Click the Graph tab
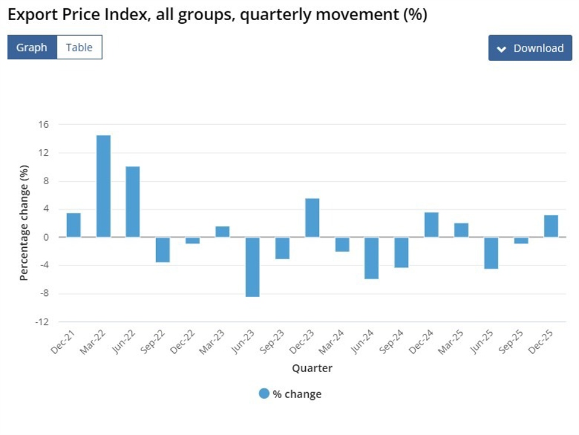[x=32, y=48]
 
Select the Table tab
[x=79, y=48]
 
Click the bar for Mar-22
[x=103, y=186]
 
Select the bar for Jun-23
[x=252, y=267]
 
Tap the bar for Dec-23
[x=312, y=218]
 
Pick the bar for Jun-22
[x=133, y=201]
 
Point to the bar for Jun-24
[x=372, y=258]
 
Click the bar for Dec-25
[x=550, y=226]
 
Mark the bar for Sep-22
[x=163, y=250]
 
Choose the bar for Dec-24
[x=431, y=225]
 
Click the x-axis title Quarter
[x=312, y=368]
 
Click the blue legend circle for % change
[x=264, y=393]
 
